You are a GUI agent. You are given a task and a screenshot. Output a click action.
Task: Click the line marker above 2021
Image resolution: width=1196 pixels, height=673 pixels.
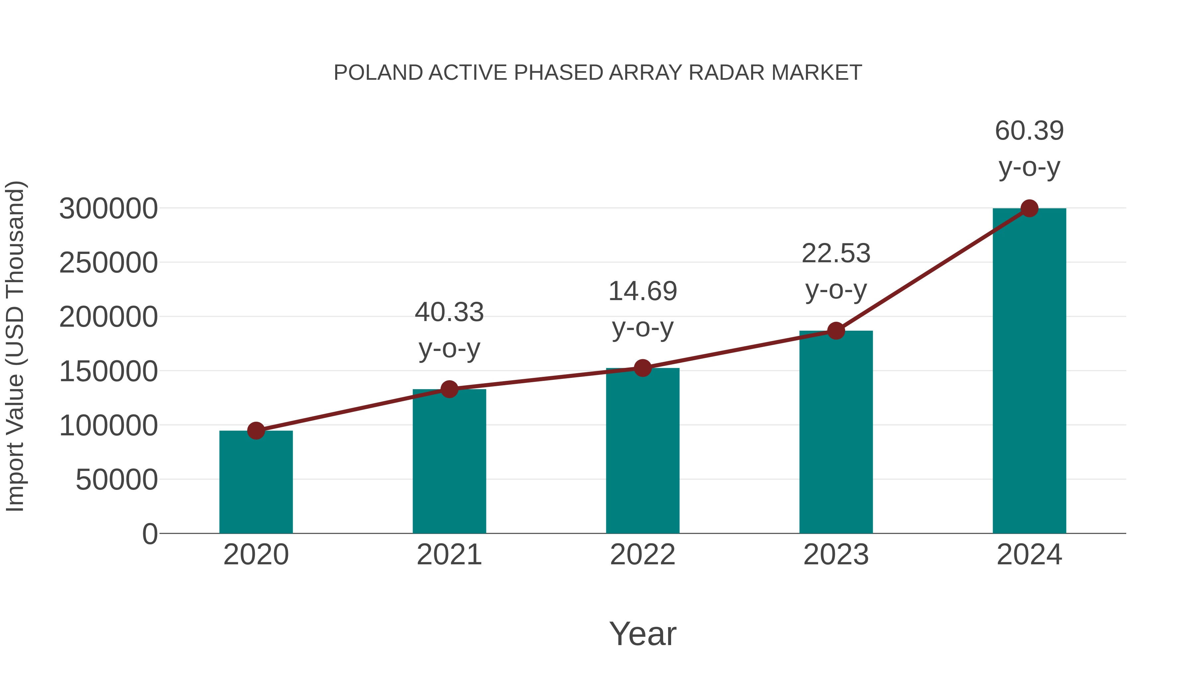(x=449, y=389)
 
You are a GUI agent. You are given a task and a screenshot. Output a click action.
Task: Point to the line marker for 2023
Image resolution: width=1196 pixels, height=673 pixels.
(x=836, y=331)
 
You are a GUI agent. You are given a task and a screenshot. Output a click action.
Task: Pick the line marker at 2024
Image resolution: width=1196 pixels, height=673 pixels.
(x=1029, y=208)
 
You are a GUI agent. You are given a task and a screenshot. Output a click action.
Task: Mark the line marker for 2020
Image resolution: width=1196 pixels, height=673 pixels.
(x=256, y=430)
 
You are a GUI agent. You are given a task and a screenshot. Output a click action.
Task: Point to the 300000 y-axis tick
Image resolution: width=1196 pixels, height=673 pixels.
(x=108, y=208)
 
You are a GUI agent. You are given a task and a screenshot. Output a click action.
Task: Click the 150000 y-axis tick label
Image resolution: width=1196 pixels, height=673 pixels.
(x=108, y=371)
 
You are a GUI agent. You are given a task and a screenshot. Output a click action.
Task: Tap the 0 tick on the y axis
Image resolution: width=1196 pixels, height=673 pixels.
(x=149, y=534)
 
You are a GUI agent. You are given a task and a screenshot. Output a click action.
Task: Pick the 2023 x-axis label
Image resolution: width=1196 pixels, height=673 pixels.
(x=836, y=555)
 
